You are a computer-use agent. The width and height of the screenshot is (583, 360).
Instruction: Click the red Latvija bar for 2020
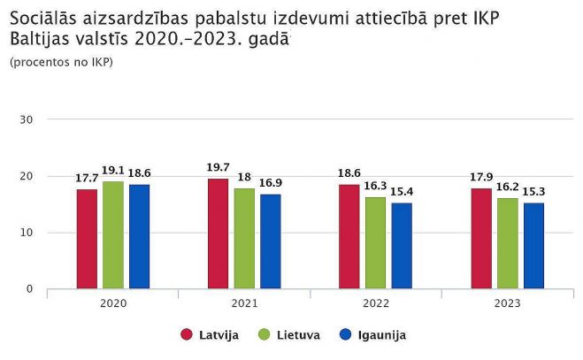[x=87, y=239]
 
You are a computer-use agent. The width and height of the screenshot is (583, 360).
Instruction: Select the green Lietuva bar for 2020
[x=113, y=235]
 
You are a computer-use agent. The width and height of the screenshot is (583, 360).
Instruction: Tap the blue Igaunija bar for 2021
[x=270, y=241]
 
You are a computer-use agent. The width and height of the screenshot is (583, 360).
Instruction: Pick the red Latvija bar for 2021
[x=218, y=234]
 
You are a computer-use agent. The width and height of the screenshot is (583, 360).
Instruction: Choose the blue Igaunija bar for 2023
[x=533, y=246]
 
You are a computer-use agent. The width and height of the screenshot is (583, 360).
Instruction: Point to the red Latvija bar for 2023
[x=481, y=239]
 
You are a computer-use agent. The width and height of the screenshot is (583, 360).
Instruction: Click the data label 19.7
[x=218, y=167]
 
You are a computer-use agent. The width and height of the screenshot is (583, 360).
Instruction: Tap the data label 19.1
[x=113, y=170]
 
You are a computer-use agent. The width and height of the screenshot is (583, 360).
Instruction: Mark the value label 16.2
[x=508, y=187]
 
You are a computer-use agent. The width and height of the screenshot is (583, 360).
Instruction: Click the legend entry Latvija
[x=212, y=335]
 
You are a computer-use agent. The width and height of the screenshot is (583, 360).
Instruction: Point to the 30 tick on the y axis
[x=27, y=119]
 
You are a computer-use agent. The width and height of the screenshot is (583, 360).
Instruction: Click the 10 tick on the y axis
[x=27, y=233]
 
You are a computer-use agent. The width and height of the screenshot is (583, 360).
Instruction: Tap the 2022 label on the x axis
[x=375, y=303]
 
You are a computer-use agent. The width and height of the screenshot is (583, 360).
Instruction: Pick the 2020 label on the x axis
[x=113, y=303]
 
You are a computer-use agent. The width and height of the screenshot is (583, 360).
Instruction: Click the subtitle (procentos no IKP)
[x=61, y=62]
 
